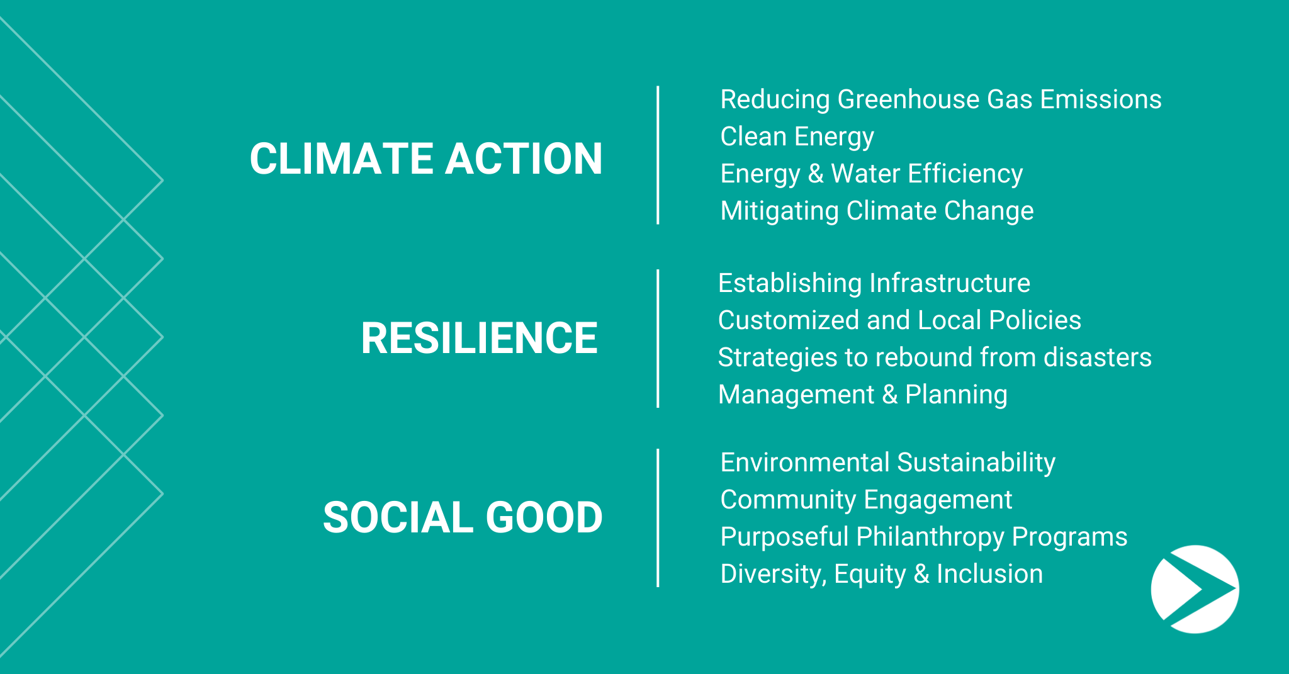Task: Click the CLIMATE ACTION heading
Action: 426,158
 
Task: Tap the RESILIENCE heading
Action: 479,338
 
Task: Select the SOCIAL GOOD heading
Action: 463,517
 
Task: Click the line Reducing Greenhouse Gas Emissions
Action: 941,99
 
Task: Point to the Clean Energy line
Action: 797,137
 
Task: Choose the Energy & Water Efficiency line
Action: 872,174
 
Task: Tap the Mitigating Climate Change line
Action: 877,211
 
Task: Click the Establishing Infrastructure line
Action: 874,284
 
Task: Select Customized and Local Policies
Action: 899,320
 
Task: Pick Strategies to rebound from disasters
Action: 935,357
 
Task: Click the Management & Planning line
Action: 863,395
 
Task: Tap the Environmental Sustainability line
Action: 887,463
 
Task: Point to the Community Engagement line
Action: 866,500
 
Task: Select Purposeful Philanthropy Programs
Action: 924,537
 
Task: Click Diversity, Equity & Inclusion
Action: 881,575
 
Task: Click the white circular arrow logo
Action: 1195,589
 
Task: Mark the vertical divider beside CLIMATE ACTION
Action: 658,155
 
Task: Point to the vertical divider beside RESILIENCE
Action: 658,339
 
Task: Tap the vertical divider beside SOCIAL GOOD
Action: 658,518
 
